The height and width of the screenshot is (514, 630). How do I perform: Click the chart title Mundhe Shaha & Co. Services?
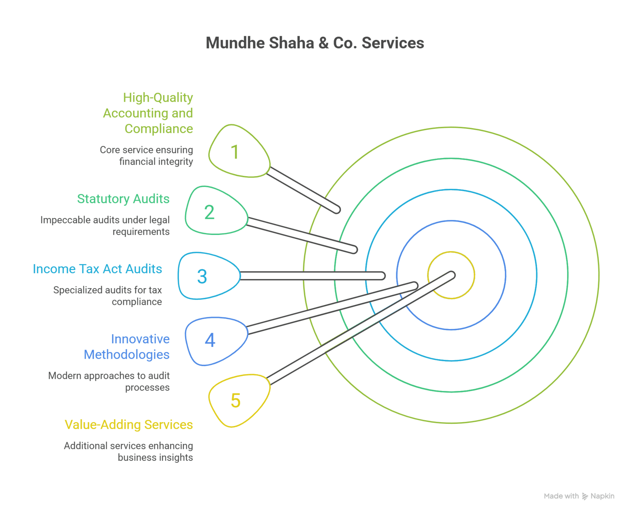click(x=315, y=43)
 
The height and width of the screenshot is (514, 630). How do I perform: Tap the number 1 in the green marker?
click(x=235, y=152)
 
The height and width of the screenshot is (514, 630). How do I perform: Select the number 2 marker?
click(x=209, y=212)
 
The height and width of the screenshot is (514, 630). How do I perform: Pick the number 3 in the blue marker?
click(x=202, y=277)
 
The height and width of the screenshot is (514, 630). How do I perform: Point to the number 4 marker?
click(x=210, y=340)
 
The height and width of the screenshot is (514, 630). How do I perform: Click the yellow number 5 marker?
click(x=235, y=400)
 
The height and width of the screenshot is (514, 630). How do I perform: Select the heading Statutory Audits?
click(x=123, y=199)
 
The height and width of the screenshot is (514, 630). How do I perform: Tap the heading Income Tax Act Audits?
click(x=97, y=269)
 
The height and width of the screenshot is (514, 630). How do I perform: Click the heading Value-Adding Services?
click(x=129, y=425)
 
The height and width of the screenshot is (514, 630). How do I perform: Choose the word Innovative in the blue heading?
click(x=140, y=339)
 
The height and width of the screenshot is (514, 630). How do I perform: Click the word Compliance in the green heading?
click(x=159, y=129)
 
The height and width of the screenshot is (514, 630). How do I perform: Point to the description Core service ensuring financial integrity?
click(x=146, y=156)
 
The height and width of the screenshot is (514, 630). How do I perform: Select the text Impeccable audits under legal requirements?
click(x=105, y=225)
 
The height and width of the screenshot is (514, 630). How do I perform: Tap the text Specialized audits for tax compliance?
click(x=107, y=296)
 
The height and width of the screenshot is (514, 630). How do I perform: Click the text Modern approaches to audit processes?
click(x=109, y=381)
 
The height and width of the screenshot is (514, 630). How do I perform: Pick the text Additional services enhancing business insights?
click(x=129, y=451)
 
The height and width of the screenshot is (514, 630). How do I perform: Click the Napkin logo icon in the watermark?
click(x=585, y=496)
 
